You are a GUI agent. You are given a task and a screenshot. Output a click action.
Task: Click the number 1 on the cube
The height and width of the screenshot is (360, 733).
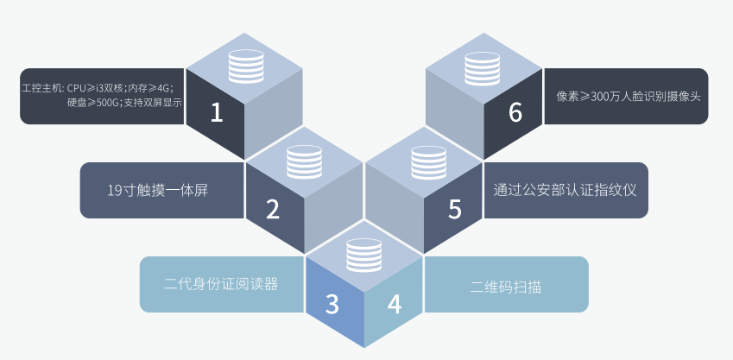point(216,113)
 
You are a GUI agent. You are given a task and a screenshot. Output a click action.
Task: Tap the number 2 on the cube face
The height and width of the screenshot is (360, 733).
point(273,208)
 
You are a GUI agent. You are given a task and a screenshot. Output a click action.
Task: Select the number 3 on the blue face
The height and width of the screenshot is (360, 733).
point(333,304)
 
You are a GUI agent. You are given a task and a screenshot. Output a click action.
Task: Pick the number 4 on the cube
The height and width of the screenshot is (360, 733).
point(394,304)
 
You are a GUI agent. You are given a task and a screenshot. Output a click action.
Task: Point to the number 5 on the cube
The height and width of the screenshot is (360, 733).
point(455,208)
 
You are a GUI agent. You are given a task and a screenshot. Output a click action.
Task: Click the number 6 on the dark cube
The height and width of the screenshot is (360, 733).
point(515,113)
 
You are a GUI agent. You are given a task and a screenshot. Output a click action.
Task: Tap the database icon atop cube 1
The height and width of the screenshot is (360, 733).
point(244,66)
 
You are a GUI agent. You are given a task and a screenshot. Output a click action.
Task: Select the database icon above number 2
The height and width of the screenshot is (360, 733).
point(304,161)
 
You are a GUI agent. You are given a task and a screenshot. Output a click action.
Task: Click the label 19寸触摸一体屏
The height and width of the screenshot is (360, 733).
point(157,190)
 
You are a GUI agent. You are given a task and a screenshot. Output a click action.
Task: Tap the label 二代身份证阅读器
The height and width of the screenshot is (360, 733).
point(221,284)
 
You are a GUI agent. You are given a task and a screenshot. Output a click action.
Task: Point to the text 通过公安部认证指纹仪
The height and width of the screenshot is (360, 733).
point(565,189)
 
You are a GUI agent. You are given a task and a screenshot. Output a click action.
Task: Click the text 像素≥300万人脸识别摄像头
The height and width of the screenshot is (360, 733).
point(626,96)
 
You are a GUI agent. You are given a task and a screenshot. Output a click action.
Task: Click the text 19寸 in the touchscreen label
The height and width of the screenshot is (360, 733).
point(119,190)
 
